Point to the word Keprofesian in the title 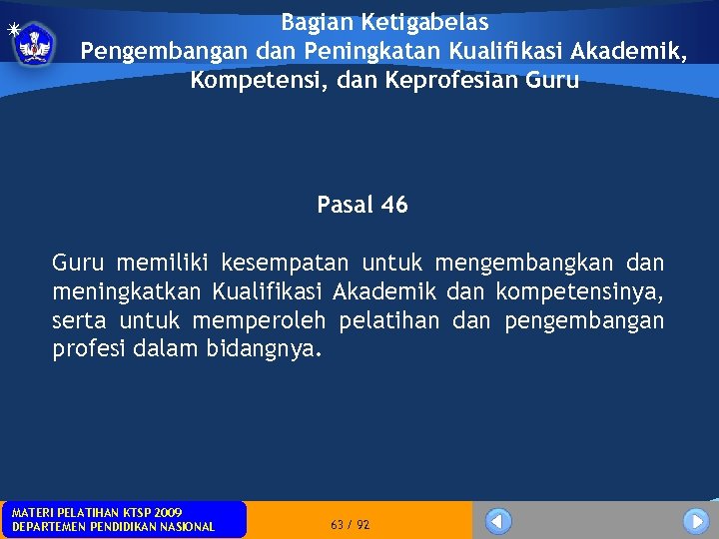pyautogui.click(x=457, y=80)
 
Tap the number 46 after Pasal pyautogui.click(x=394, y=205)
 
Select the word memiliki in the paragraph pyautogui.click(x=163, y=264)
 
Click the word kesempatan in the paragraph pyautogui.click(x=285, y=264)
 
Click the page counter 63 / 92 pyautogui.click(x=350, y=524)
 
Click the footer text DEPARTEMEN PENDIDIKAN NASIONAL pyautogui.click(x=113, y=527)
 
